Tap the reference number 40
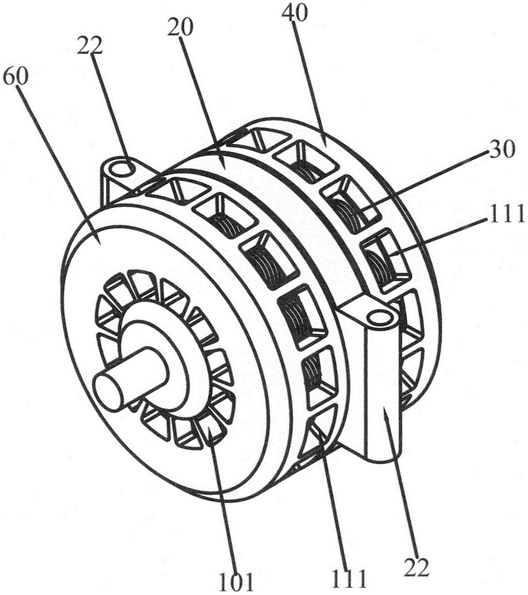point(295,14)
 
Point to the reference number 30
point(501,149)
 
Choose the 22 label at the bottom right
point(417,568)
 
